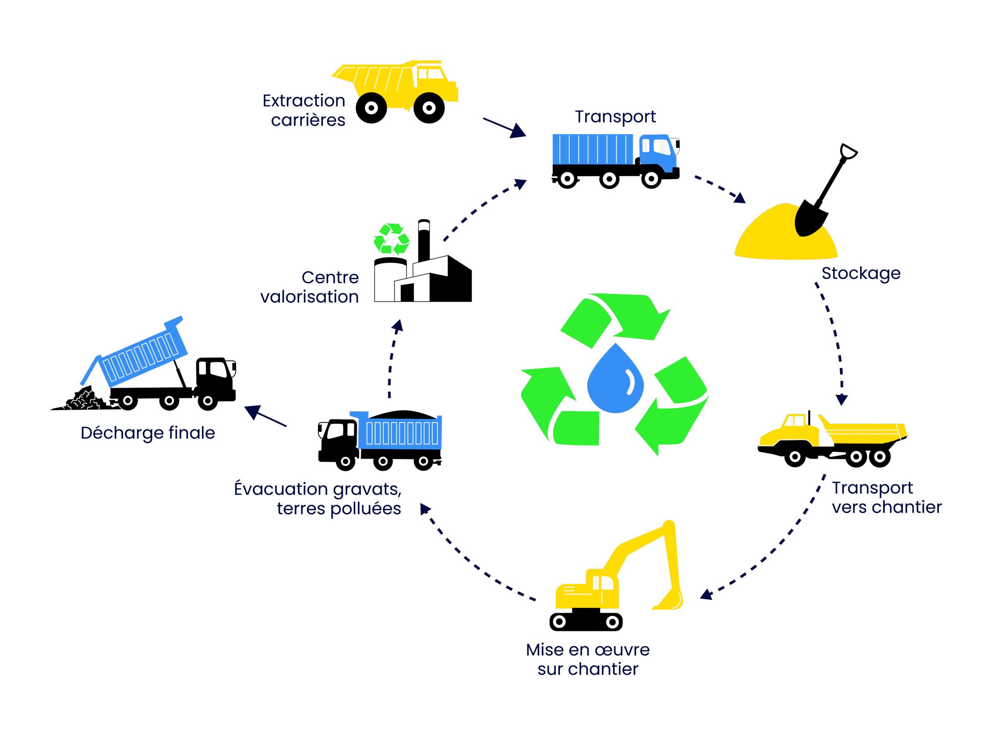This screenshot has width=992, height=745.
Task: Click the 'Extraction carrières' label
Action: click(304, 110)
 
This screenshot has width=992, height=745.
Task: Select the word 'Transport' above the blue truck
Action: click(615, 117)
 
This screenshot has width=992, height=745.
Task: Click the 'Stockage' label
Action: click(860, 273)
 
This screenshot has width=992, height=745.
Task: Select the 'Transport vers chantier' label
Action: click(886, 497)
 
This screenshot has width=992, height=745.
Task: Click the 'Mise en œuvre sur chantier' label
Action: click(587, 659)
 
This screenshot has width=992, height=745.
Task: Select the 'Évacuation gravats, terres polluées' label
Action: click(317, 499)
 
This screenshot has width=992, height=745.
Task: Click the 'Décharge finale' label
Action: click(148, 433)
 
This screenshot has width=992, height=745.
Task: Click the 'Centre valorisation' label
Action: click(310, 287)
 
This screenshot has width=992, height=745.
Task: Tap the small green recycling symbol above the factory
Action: click(391, 239)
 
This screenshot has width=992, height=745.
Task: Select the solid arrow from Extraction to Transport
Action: click(505, 128)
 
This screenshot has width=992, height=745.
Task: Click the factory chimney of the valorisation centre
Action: click(424, 240)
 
